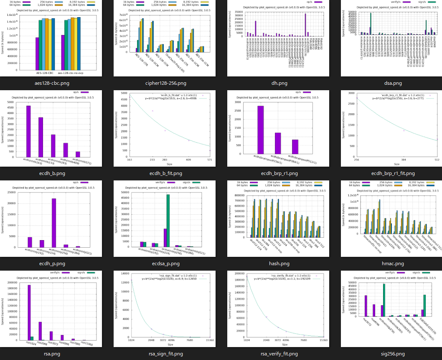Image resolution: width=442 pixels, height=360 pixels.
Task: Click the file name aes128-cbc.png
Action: coord(52,83)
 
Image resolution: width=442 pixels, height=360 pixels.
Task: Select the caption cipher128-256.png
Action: coord(166,83)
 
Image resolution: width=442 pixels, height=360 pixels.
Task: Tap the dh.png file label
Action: coord(279,83)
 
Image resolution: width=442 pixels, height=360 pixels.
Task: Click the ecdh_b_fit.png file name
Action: coord(166,173)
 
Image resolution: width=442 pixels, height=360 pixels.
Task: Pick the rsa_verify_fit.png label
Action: coord(279,354)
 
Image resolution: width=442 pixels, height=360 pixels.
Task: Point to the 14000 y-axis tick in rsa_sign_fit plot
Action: coord(126,274)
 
